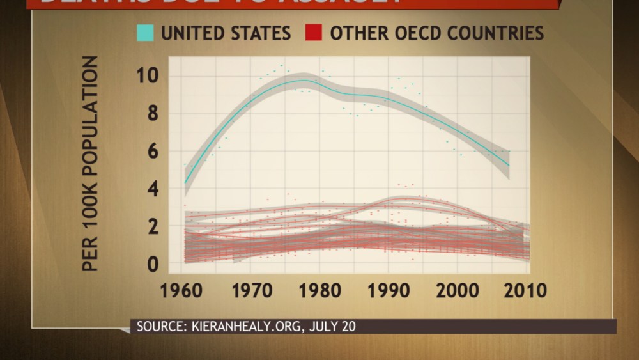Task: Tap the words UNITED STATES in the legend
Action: pyautogui.click(x=226, y=33)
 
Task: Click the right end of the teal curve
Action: pyautogui.click(x=509, y=165)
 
